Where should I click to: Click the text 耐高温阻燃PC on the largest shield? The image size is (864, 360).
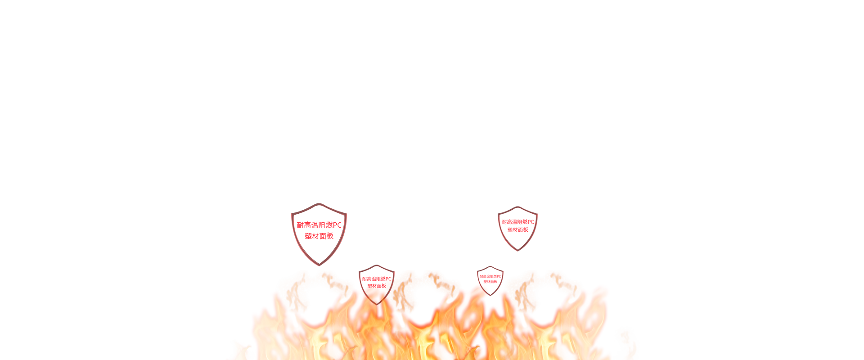[319, 225]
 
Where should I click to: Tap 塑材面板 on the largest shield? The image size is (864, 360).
[319, 236]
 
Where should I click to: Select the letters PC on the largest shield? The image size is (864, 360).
[337, 225]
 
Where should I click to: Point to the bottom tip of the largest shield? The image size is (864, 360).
[319, 264]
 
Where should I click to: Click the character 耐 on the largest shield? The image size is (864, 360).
[300, 225]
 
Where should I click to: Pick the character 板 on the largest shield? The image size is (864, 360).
[330, 236]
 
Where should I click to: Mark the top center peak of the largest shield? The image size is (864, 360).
[319, 206]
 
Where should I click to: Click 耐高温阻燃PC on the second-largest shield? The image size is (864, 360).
[517, 222]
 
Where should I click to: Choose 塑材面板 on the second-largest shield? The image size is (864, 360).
[517, 230]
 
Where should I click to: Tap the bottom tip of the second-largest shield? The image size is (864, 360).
[517, 250]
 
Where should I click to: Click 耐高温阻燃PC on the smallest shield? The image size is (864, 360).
[490, 276]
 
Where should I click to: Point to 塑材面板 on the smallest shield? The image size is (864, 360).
[490, 282]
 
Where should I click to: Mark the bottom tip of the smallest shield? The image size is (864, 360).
[490, 295]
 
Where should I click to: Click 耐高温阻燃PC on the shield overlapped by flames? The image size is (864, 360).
[377, 279]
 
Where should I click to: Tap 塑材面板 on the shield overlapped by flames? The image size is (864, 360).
[377, 286]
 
